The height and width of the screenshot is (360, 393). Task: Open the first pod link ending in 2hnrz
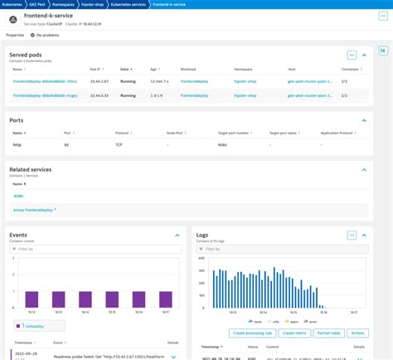pos(45,81)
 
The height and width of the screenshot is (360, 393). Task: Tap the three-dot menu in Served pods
pos(352,55)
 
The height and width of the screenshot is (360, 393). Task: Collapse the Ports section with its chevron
pos(364,121)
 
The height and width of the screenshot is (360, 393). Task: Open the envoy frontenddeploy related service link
pos(35,210)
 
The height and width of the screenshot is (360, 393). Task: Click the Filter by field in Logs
pos(274,248)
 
